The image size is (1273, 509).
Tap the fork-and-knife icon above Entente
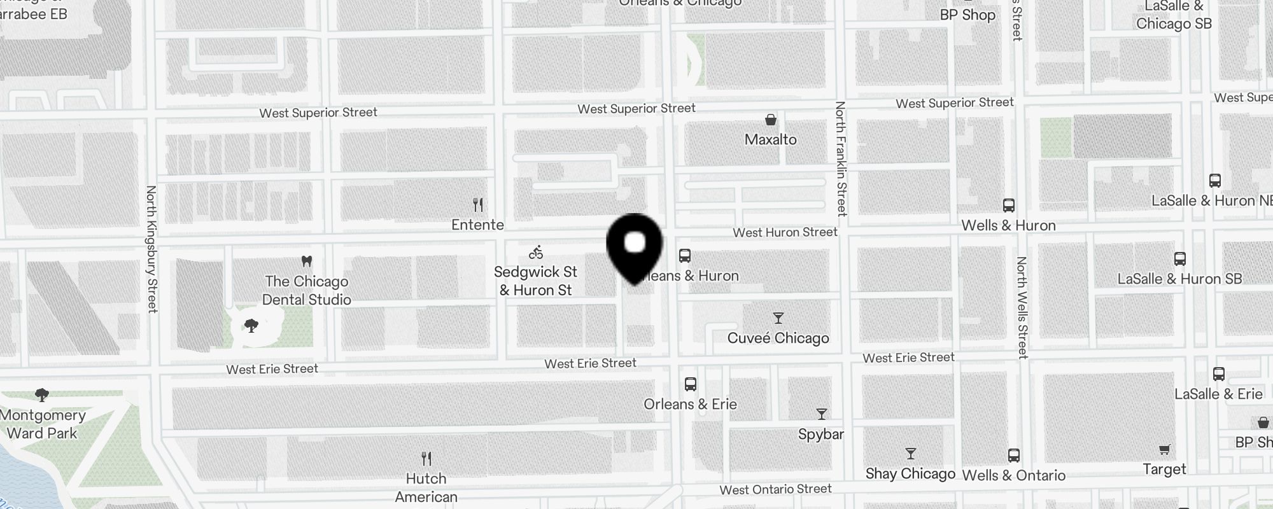coord(478,205)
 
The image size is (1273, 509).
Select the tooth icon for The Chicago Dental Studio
coord(306,261)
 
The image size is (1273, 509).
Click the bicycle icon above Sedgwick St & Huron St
coord(536,253)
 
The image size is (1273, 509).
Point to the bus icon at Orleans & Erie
coord(691,384)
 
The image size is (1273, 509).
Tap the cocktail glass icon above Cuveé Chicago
coord(778,318)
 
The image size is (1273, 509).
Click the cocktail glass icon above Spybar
coord(822,415)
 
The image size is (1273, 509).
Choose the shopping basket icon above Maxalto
coord(771,120)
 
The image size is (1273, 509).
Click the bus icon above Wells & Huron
coord(1009,206)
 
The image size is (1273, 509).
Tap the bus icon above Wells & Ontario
coord(1014,456)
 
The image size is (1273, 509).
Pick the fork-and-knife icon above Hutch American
coord(426,458)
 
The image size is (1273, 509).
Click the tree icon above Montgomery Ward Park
coord(42,395)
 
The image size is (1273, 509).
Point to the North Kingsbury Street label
coord(151,249)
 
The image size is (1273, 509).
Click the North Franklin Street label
coord(841,158)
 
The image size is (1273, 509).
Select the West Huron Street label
coord(785,233)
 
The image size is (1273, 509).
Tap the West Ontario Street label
coord(775,489)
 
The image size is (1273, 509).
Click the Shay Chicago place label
coord(910,474)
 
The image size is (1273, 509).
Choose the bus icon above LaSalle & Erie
coord(1219,374)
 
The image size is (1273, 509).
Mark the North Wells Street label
coord(1022,307)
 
